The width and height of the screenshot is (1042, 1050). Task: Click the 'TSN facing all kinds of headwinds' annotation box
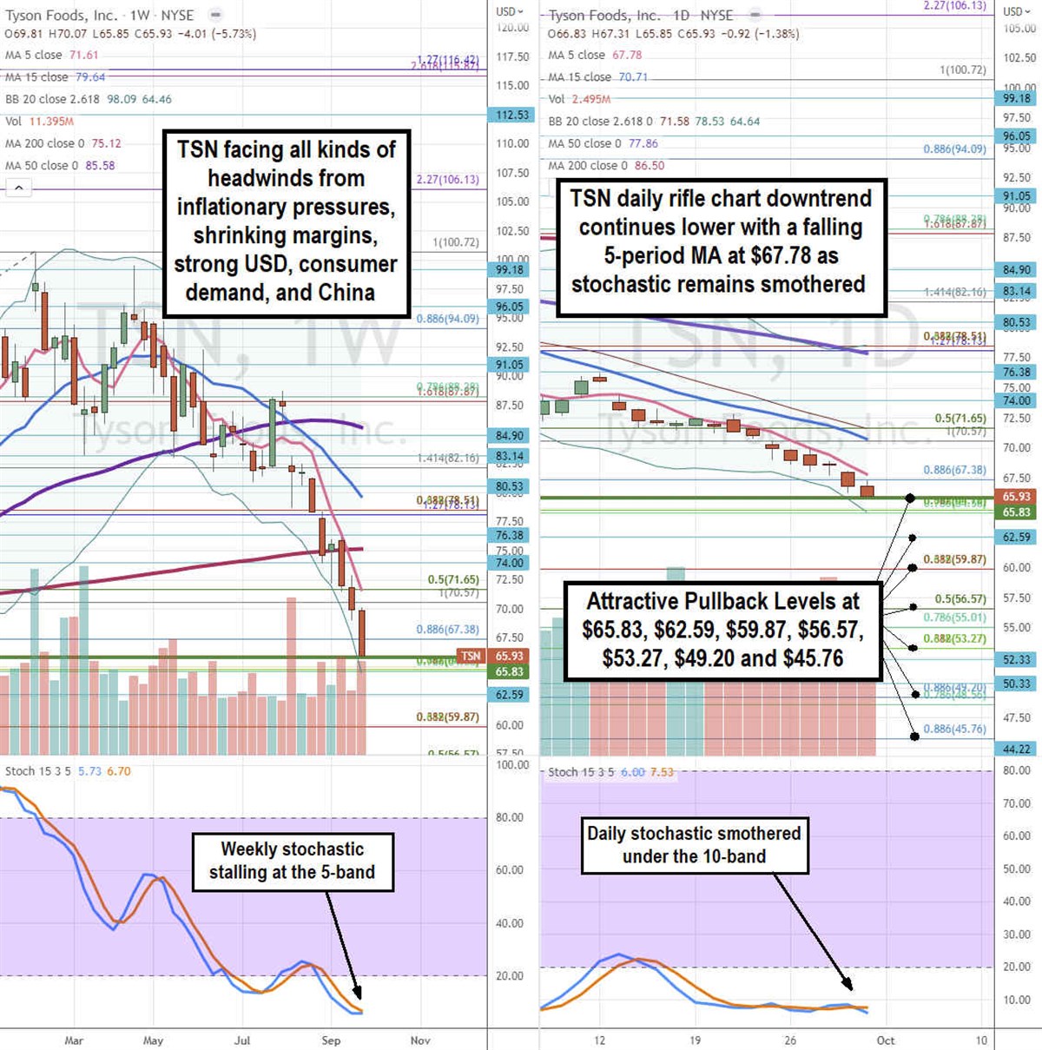pyautogui.click(x=287, y=221)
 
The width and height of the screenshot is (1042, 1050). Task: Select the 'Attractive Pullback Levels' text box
pyautogui.click(x=722, y=630)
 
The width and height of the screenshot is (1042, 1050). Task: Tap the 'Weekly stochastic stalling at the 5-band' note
pyautogui.click(x=292, y=861)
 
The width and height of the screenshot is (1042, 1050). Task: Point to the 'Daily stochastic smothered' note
pyautogui.click(x=694, y=845)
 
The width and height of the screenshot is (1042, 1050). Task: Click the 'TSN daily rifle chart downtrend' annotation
pyautogui.click(x=720, y=241)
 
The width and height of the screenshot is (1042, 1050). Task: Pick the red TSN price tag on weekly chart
pyautogui.click(x=470, y=656)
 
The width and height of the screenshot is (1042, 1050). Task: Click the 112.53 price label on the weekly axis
pyautogui.click(x=511, y=115)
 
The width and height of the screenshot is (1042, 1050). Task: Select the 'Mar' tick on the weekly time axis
pyautogui.click(x=74, y=1040)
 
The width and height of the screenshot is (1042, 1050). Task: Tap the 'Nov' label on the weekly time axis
pyautogui.click(x=420, y=1040)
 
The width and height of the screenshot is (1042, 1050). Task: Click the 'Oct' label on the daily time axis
pyautogui.click(x=885, y=1040)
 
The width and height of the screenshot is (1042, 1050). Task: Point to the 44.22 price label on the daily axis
pyautogui.click(x=1016, y=749)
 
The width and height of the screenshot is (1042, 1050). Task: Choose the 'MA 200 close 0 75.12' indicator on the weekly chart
pyautogui.click(x=63, y=143)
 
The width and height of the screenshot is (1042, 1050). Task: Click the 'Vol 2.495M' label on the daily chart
pyautogui.click(x=579, y=99)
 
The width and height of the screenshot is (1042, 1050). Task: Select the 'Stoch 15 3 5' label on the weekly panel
pyautogui.click(x=37, y=771)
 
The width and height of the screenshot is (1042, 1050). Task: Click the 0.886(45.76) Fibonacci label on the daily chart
pyautogui.click(x=954, y=729)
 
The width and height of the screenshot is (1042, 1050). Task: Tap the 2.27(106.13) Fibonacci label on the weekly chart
pyautogui.click(x=447, y=180)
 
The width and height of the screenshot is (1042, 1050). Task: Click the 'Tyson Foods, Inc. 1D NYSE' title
pyautogui.click(x=641, y=15)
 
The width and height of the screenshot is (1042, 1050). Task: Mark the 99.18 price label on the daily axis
pyautogui.click(x=1016, y=99)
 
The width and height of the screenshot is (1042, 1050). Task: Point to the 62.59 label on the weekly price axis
pyautogui.click(x=509, y=695)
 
